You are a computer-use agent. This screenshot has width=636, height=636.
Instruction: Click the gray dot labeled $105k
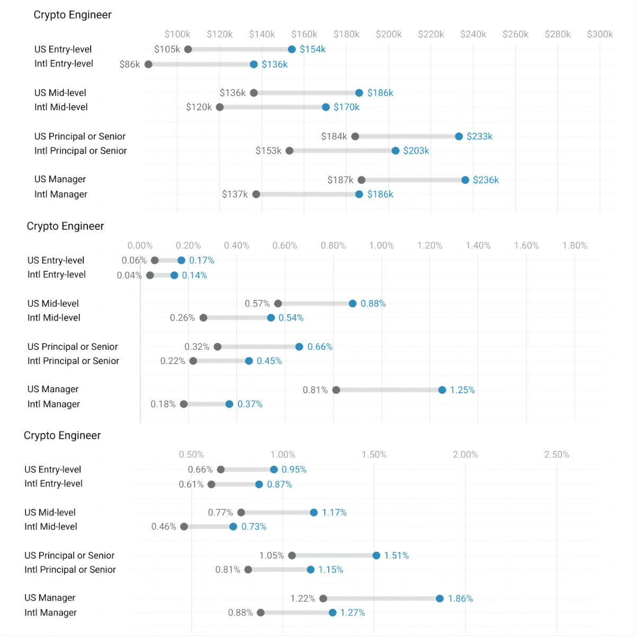point(188,49)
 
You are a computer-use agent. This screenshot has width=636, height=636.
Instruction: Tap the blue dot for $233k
point(459,136)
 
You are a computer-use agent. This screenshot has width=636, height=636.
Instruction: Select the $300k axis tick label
point(599,34)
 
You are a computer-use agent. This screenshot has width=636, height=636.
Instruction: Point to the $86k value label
point(130,64)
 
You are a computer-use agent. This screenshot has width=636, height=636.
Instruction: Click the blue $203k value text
point(416,151)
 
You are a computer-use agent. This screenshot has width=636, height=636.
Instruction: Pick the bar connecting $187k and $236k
point(413,180)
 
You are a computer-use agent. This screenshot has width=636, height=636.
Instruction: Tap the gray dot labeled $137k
point(256,194)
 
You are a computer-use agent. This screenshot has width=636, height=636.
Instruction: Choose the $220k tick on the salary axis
point(431,34)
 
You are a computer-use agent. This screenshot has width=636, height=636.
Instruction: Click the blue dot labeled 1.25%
point(442,390)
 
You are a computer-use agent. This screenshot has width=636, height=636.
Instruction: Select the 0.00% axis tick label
point(140,245)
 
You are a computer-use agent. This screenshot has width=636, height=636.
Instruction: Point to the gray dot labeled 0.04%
point(150,275)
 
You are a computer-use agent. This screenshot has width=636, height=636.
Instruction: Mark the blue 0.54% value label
point(291,317)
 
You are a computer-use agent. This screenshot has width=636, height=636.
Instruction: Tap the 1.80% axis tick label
point(575,245)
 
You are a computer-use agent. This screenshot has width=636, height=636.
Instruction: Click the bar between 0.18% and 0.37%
point(206,404)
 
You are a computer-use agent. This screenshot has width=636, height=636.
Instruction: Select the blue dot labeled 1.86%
point(440,598)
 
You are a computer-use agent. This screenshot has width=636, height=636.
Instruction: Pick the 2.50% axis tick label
point(556,455)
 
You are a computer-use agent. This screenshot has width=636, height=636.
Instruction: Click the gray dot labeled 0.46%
point(184,526)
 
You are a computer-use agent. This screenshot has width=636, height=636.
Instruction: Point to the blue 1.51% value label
point(396,555)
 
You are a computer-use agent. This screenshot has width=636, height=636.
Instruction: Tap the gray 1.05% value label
point(271,555)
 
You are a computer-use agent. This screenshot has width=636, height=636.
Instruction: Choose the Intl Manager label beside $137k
point(61,194)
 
